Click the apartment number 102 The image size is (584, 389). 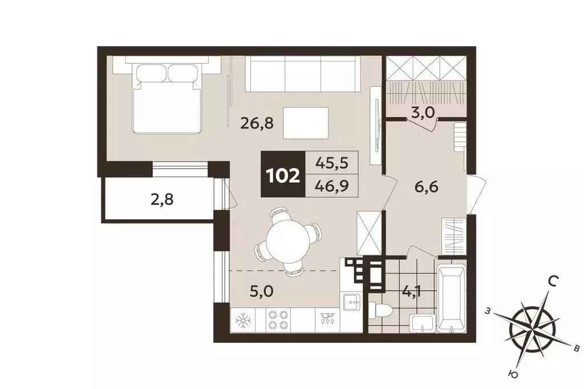(283, 175)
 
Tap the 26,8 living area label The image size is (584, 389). (257, 122)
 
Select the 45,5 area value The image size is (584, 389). (331, 162)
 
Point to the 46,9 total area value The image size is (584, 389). (331, 186)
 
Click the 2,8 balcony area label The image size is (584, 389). (162, 200)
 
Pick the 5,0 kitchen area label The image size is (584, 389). (261, 290)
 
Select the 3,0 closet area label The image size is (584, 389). (423, 112)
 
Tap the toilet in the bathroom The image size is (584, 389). (380, 310)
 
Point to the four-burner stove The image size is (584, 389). (277, 320)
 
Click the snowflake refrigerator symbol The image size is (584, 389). (244, 320)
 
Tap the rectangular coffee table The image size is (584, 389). (306, 124)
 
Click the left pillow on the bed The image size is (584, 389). (151, 73)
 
